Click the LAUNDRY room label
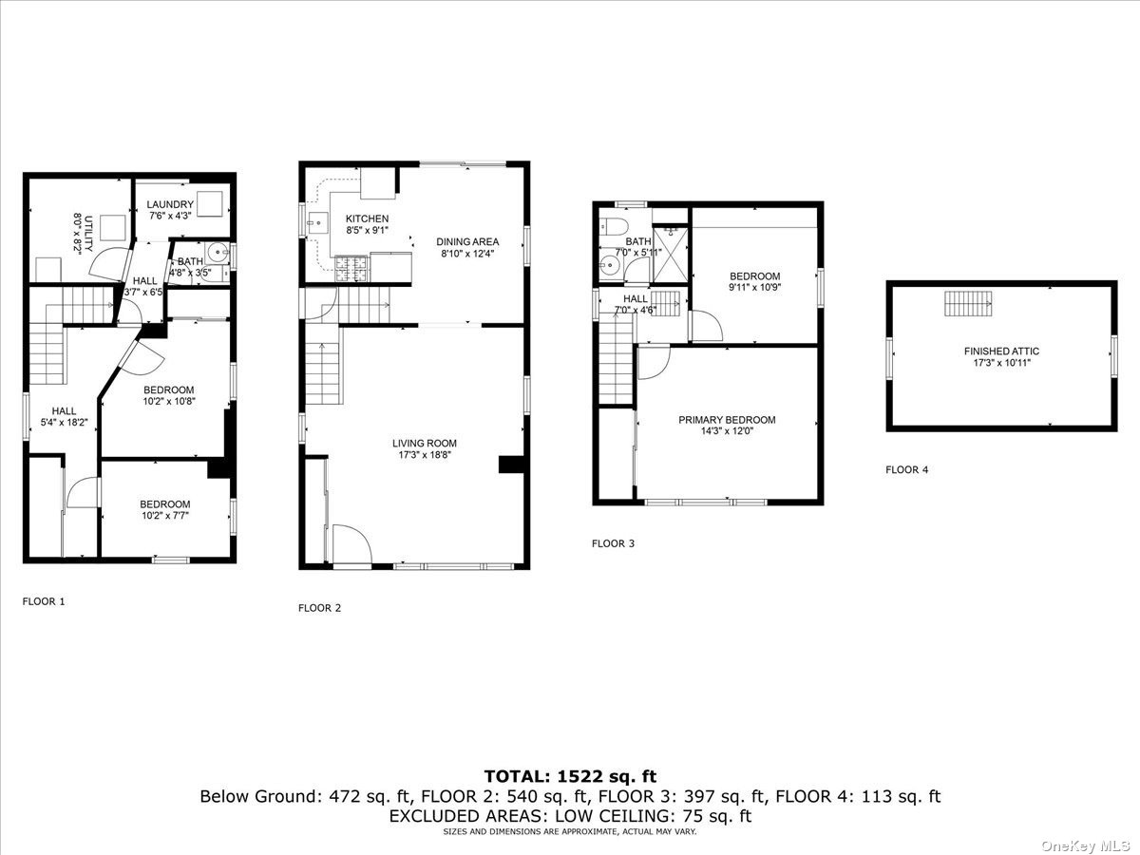pos(170,204)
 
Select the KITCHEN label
pos(368,218)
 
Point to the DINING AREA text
pos(467,241)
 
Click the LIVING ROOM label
pos(425,443)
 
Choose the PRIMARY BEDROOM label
pos(727,420)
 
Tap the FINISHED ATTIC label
pos(1001,351)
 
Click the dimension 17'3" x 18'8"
pos(425,455)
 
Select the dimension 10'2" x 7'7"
pos(165,516)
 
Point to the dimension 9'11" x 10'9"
pos(754,287)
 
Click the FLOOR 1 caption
pos(44,601)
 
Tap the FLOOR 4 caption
pos(907,470)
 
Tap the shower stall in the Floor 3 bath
pos(670,255)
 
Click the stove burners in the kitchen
pos(351,269)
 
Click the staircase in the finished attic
pos(968,304)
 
